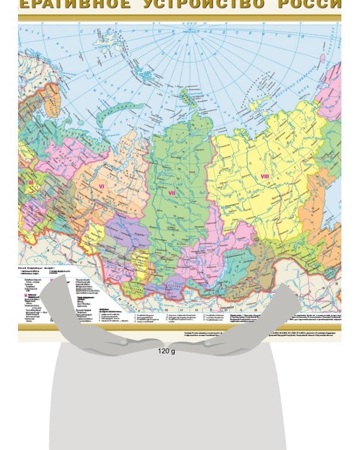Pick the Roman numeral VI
point(101,187)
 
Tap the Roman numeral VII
point(172,193)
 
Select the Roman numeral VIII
point(265,176)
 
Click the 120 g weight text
point(166,351)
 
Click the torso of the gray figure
point(168,402)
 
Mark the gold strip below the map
point(180,326)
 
